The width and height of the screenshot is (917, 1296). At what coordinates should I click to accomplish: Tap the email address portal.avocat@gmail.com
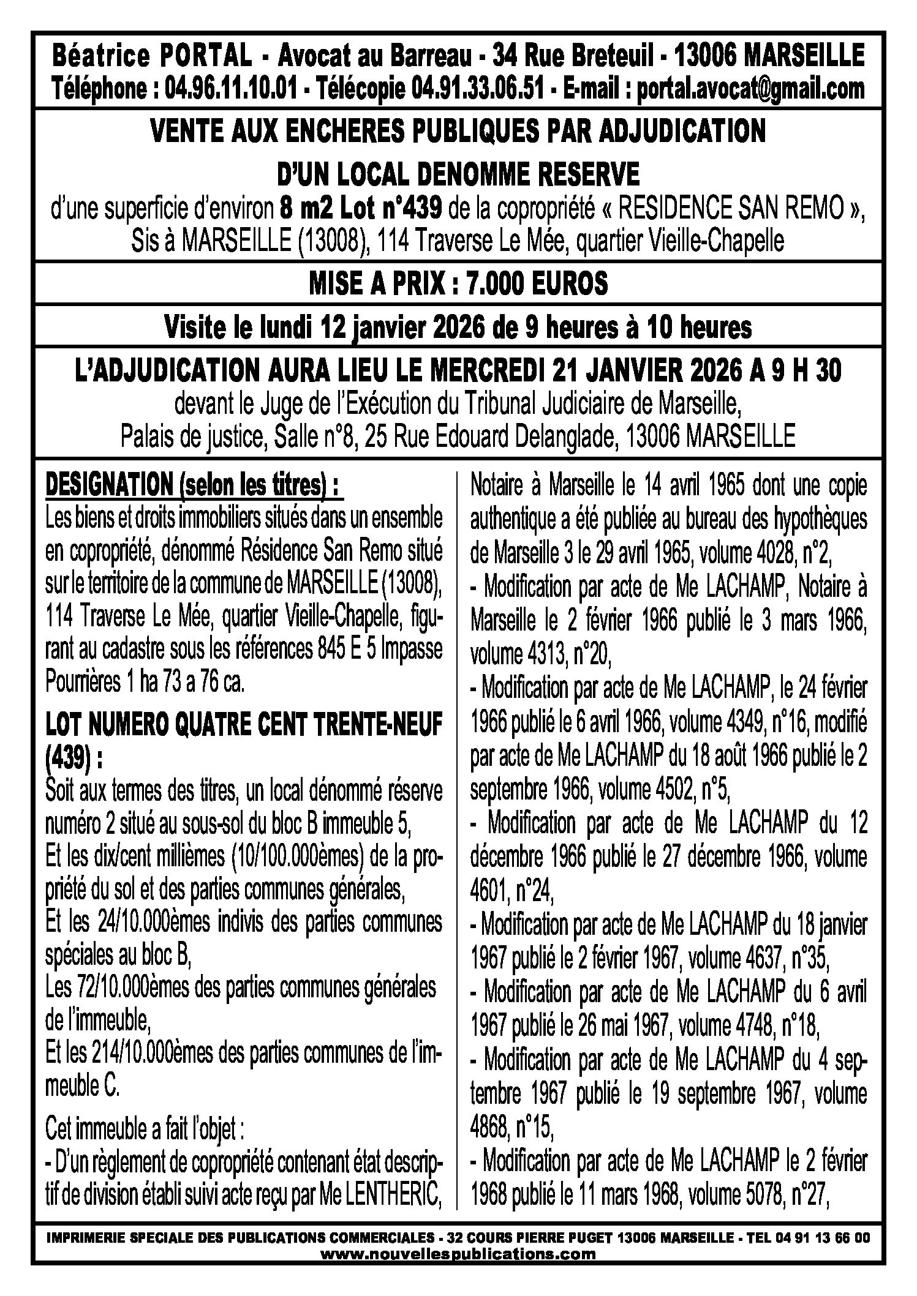[751, 89]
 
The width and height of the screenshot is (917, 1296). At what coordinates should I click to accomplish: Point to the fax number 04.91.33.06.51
[478, 89]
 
